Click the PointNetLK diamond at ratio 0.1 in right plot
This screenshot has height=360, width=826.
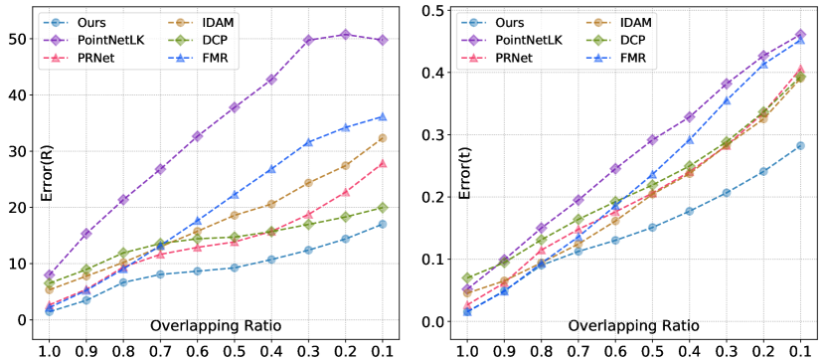(800, 35)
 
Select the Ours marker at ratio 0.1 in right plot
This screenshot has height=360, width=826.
(800, 145)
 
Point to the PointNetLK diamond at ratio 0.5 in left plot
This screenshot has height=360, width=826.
(235, 106)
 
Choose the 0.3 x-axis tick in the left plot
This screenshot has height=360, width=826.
(308, 351)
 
